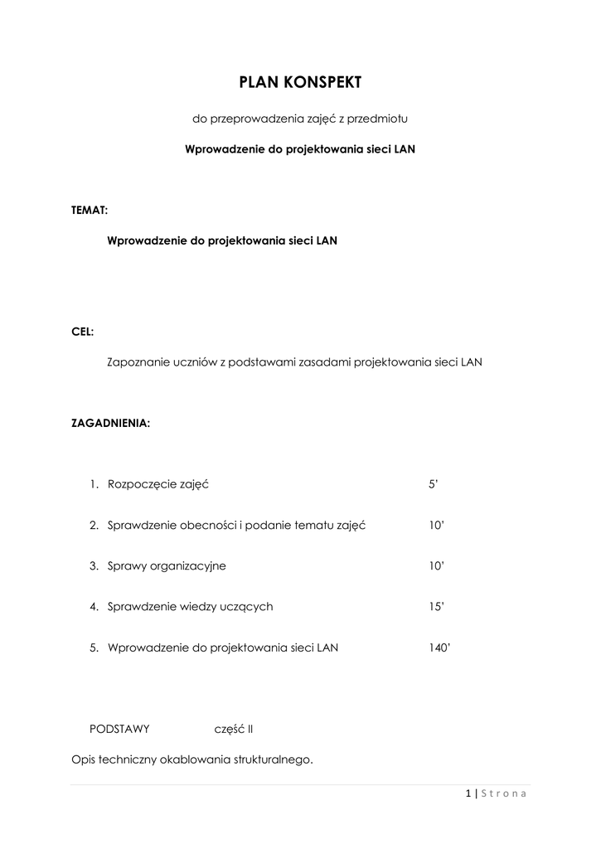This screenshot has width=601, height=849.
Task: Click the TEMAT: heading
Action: (90, 211)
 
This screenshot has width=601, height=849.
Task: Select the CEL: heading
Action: (83, 332)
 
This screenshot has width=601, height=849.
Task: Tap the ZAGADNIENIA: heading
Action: (111, 423)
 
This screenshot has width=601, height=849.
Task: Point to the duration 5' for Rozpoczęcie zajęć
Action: (433, 484)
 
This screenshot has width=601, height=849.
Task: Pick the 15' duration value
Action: (437, 606)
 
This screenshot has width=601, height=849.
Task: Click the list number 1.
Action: (95, 484)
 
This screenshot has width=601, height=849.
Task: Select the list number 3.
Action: (95, 565)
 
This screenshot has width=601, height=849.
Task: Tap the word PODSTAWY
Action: (119, 729)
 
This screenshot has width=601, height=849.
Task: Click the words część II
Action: (233, 729)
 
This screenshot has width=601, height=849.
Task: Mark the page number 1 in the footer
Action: (468, 793)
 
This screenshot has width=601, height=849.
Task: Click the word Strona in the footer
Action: (503, 793)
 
